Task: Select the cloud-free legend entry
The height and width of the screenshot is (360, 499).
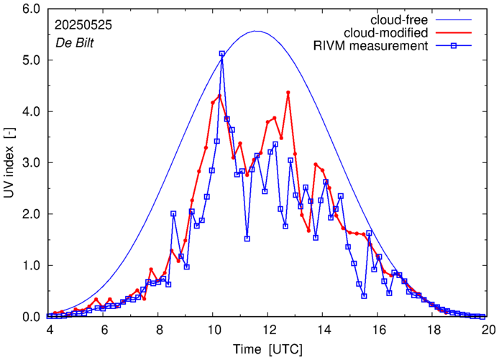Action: (402, 19)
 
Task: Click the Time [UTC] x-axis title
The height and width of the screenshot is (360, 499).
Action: (268, 350)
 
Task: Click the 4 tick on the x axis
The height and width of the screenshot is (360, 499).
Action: (50, 330)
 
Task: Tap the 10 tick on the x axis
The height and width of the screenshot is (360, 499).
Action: (214, 330)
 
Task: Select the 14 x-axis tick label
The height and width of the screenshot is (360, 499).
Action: (324, 330)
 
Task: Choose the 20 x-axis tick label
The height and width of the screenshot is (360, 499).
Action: (488, 330)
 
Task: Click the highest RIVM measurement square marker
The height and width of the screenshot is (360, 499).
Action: (221, 54)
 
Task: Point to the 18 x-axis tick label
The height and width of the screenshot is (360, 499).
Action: (434, 330)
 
